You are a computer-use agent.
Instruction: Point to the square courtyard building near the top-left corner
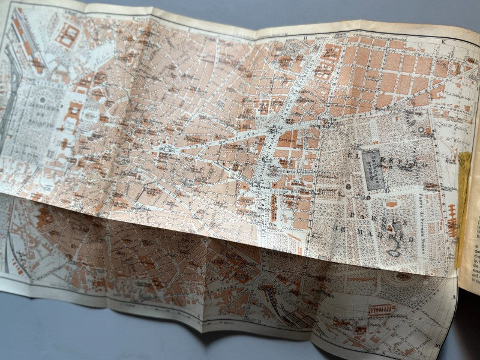(68, 34)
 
